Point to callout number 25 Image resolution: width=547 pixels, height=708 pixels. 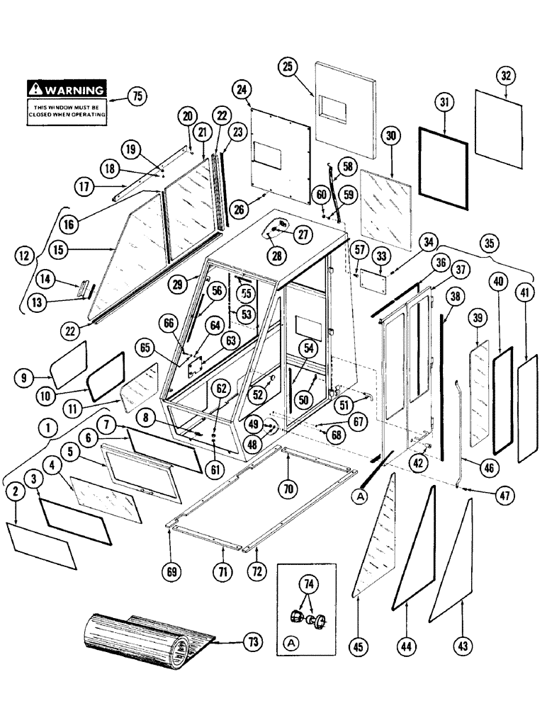[287, 68]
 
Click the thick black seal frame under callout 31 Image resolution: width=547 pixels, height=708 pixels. [444, 170]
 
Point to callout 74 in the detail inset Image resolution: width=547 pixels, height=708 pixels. [308, 584]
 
